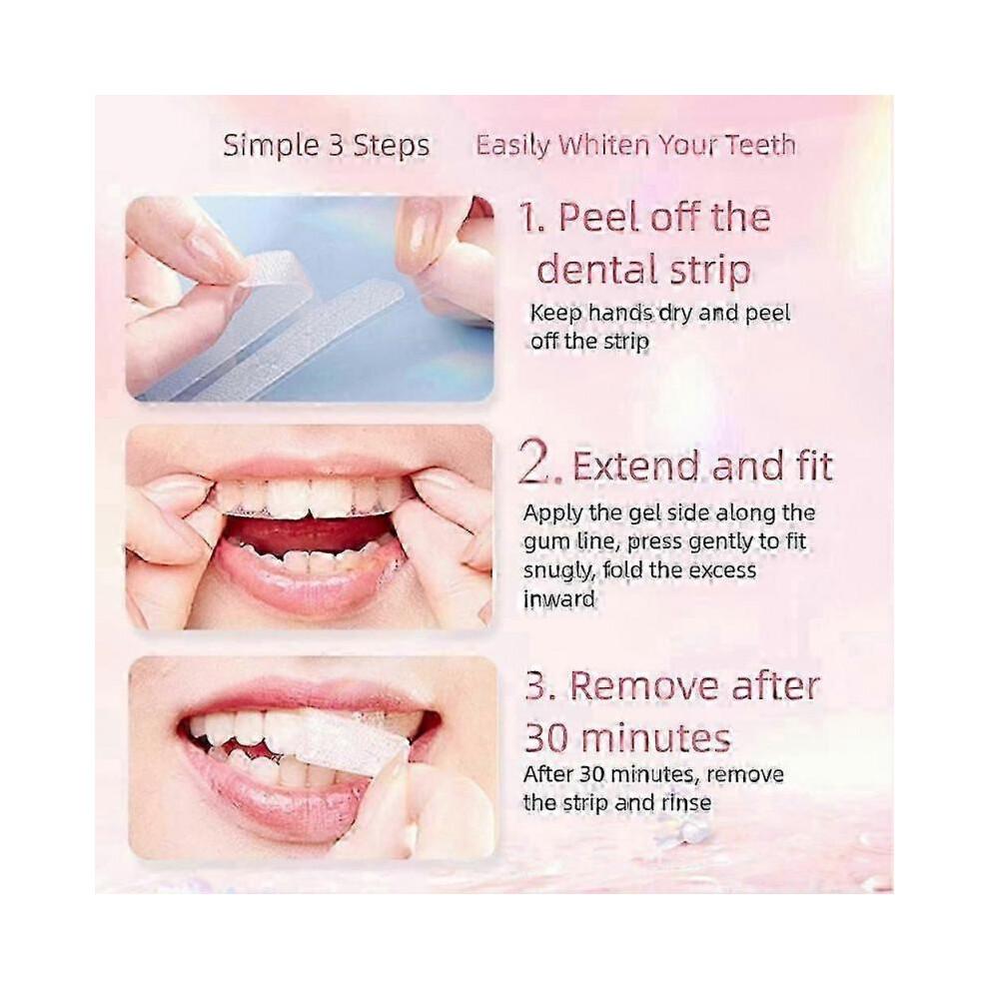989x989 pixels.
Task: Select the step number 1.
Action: pyautogui.click(x=527, y=218)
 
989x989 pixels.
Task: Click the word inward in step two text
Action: pyautogui.click(x=558, y=599)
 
